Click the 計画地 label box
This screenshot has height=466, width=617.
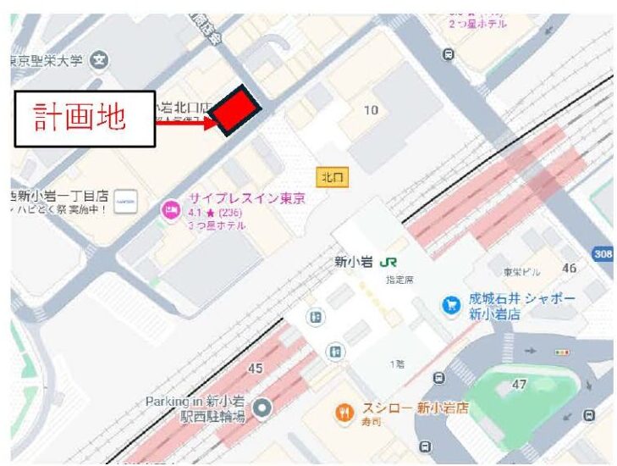click(84, 119)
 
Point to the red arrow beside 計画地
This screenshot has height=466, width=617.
click(188, 123)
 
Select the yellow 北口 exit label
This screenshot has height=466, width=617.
click(333, 177)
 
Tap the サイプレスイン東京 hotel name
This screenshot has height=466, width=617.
click(246, 198)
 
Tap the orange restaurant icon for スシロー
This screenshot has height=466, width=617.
click(344, 413)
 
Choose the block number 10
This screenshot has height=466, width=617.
click(371, 110)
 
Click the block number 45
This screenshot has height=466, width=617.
click(255, 369)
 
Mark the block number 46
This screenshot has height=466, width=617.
click(569, 269)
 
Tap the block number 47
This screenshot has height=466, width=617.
click(519, 384)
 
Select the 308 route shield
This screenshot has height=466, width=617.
click(603, 252)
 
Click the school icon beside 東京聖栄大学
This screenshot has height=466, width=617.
click(101, 60)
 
